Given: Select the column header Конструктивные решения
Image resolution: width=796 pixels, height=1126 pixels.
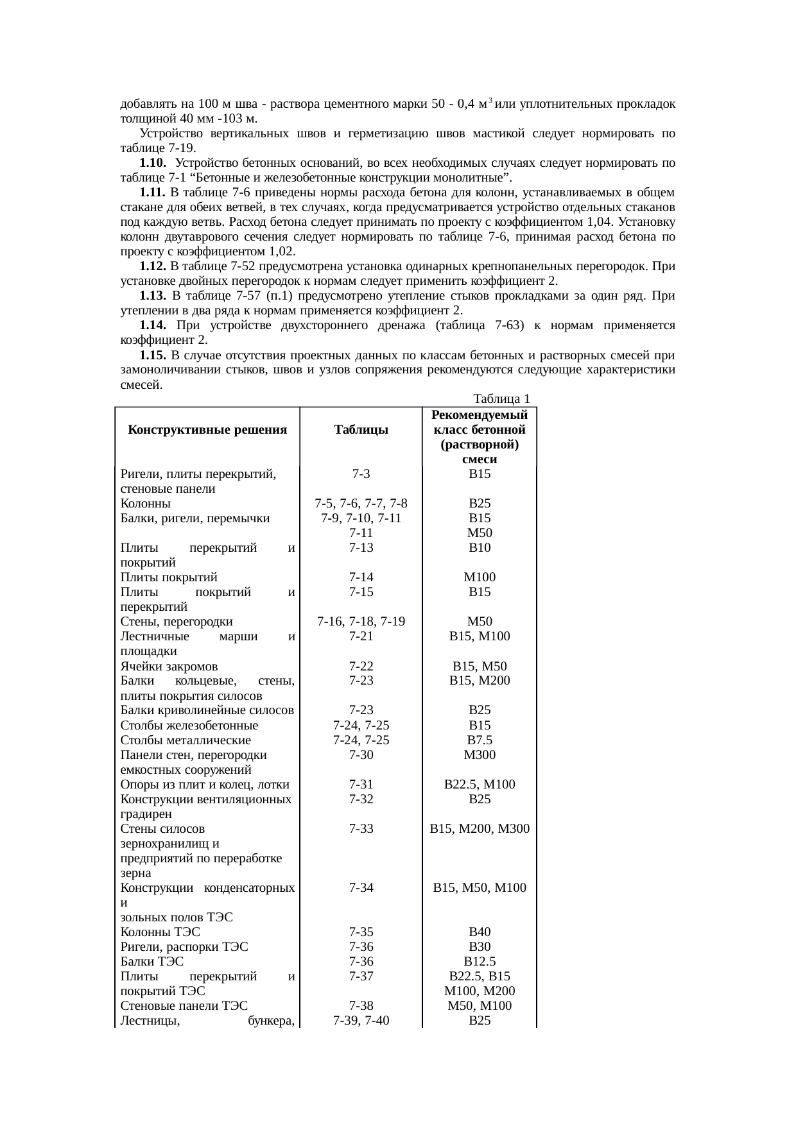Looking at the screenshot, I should coord(207,430).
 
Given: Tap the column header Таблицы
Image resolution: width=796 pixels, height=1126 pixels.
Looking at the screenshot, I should coord(361,430).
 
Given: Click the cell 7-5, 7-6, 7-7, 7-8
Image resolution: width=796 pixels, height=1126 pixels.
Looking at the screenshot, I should coord(361,504).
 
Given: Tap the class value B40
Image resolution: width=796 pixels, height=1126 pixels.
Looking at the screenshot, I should coord(480,932).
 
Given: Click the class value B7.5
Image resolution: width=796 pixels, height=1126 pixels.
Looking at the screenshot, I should coord(480,740).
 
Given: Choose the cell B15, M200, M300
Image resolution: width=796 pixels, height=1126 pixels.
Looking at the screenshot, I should coord(480,829).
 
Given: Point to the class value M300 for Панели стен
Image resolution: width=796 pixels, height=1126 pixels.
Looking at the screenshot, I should coord(480,755).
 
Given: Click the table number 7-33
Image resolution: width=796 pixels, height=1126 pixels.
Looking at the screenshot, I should coord(361,829).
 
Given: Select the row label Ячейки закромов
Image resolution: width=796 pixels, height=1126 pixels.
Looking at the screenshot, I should coord(169,667).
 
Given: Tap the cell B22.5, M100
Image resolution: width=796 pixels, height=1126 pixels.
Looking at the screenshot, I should coord(480,785).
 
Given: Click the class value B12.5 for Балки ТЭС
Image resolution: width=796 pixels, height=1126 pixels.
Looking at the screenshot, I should coord(480,962).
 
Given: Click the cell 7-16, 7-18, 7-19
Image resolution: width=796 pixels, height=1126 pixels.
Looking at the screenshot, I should coord(361,622).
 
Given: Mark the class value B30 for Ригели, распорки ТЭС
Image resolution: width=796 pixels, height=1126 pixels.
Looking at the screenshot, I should coord(480,947).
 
